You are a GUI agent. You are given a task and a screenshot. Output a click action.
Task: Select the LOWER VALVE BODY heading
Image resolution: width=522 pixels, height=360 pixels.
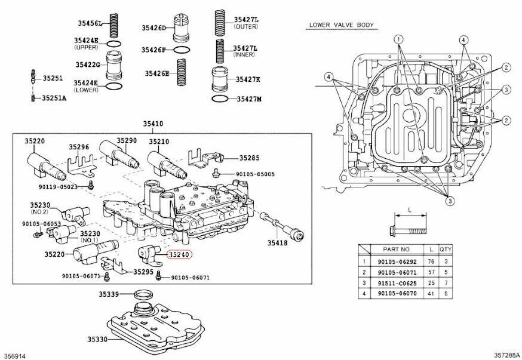click(x=341, y=25)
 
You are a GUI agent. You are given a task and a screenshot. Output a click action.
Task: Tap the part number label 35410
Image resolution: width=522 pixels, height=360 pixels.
click(x=152, y=124)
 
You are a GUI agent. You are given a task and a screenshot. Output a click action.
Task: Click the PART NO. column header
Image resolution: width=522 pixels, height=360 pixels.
click(x=397, y=248)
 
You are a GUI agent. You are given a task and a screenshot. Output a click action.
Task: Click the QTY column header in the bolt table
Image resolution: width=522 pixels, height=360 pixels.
click(x=446, y=248)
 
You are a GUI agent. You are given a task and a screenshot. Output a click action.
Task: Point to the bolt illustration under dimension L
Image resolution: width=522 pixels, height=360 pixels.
click(x=408, y=228)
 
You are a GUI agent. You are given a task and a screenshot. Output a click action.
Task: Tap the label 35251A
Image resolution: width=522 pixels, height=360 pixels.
click(x=53, y=96)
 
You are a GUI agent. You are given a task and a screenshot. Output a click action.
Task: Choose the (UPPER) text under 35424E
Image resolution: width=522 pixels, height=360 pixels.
click(x=86, y=47)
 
